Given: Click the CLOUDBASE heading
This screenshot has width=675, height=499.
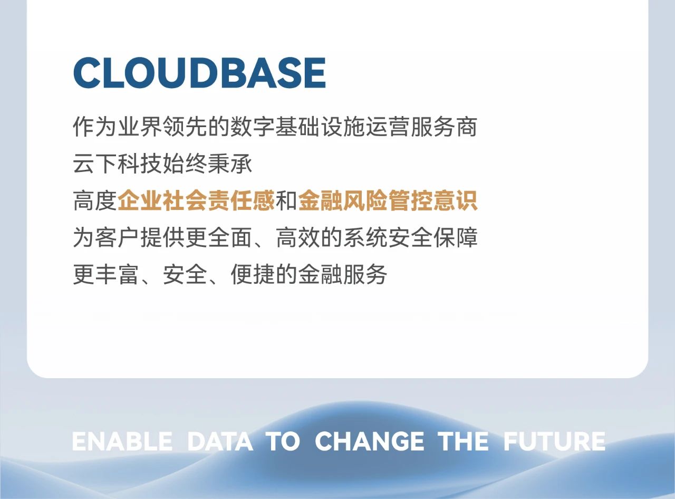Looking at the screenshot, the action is point(200,73).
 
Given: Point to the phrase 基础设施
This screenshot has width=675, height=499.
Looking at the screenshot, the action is point(320,127).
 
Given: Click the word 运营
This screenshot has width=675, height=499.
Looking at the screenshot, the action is point(388,127).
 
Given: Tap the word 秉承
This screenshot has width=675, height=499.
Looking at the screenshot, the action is point(230,164).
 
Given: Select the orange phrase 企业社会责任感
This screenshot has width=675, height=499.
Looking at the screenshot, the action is point(196,200).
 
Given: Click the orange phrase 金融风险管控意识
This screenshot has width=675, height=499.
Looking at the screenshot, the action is point(388,200).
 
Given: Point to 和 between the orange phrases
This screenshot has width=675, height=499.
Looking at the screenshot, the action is point(286,200).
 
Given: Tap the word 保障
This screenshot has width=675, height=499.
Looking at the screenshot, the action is point(455,237).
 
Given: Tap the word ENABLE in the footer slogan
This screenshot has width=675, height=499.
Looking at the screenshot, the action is point(122,442).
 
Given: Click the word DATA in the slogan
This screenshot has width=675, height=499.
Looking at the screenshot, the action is point(220,442).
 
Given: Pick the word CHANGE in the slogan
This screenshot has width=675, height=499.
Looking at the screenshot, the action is point(370,442).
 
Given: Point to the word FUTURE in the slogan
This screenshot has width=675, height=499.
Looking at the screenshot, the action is point(554,442).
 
